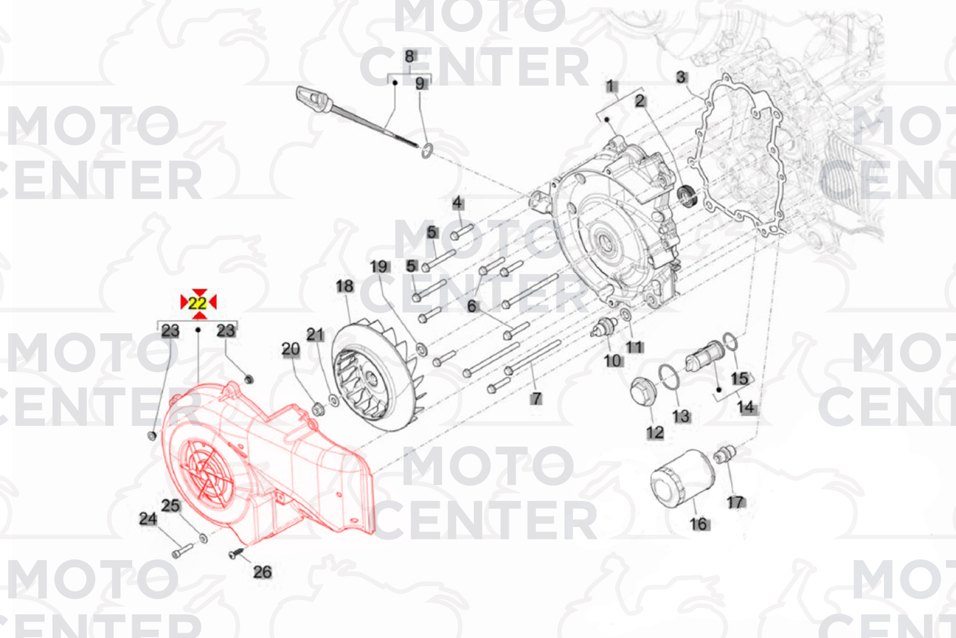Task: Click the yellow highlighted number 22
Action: tap(198, 304)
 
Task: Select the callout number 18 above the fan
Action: tap(345, 286)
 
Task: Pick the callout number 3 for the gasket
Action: tap(681, 77)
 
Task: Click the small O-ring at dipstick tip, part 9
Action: tap(427, 151)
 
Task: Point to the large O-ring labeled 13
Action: tap(669, 377)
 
